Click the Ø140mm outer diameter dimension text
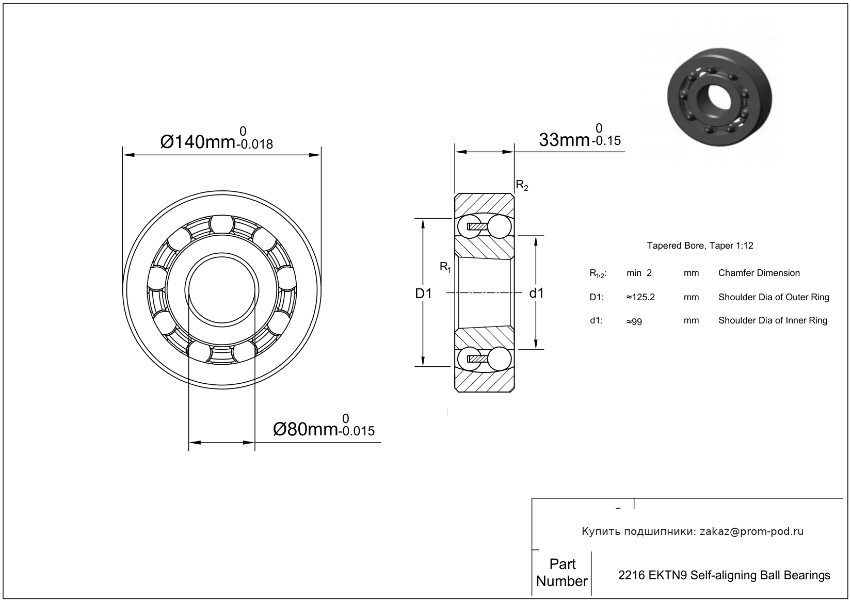click(198, 141)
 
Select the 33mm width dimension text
click(564, 139)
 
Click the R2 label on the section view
click(522, 186)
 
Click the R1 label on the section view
click(445, 267)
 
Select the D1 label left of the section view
click(423, 294)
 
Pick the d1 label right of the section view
click(537, 294)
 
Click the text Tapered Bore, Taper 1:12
click(700, 246)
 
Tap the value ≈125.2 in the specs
click(640, 297)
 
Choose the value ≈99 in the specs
click(634, 321)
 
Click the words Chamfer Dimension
click(759, 273)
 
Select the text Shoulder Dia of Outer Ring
click(774, 297)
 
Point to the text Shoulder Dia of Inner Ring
click(773, 320)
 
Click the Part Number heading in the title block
click(561, 573)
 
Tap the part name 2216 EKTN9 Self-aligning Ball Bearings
click(724, 575)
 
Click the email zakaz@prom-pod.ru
click(751, 531)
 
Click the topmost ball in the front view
click(221, 225)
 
